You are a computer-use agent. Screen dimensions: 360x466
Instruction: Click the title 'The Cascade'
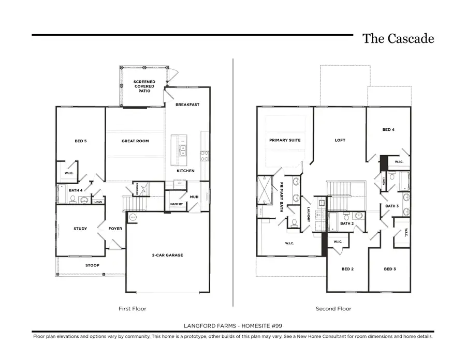[398, 39]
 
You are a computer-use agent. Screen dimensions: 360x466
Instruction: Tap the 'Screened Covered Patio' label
[144, 86]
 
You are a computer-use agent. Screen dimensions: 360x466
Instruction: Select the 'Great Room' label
[135, 141]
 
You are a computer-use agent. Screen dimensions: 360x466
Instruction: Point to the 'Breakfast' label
[187, 104]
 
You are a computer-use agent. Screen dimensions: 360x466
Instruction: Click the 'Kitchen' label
[185, 171]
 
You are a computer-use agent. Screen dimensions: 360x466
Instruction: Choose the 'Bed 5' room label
[81, 141]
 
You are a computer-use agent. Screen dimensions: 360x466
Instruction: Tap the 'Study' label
[80, 229]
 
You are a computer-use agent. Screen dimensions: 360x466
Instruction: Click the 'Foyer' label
[115, 229]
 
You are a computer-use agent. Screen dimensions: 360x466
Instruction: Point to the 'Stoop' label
[92, 265]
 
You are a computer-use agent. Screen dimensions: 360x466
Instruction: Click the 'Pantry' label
[176, 204]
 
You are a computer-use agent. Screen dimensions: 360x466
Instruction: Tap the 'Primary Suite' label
[285, 140]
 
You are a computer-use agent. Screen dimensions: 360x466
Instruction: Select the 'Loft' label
[340, 140]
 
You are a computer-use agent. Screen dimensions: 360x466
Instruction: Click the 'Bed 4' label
[388, 130]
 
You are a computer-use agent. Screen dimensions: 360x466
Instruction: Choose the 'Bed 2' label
[347, 269]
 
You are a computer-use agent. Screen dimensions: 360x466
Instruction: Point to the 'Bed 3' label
[390, 269]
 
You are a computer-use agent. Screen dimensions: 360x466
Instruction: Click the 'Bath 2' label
[346, 224]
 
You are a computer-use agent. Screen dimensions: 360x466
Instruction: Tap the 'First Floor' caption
[133, 309]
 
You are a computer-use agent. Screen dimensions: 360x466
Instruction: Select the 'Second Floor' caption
[333, 309]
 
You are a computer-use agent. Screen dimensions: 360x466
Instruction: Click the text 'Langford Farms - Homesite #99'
[232, 325]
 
